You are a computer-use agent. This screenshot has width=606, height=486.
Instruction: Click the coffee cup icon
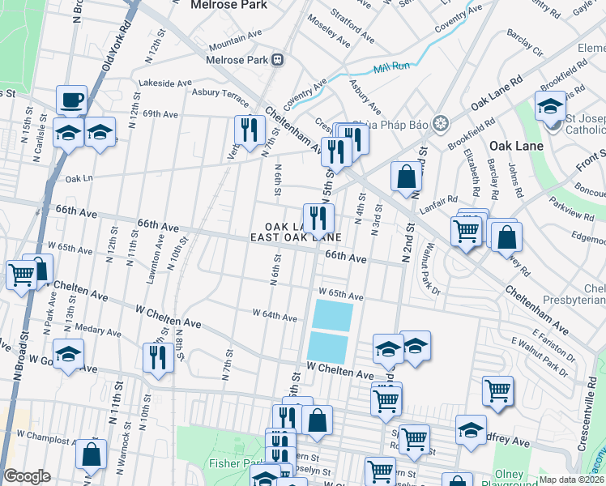click(71, 100)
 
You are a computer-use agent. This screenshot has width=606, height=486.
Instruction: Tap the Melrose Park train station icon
click(278, 58)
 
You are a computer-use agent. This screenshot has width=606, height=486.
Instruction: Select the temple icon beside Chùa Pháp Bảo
click(440, 124)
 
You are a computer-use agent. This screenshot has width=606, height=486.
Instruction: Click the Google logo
click(27, 476)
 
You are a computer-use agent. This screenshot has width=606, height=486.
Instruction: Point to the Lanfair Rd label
click(440, 201)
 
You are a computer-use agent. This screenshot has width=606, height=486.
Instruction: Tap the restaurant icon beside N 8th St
click(158, 358)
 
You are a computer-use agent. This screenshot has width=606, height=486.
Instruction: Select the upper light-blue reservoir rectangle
click(332, 314)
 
